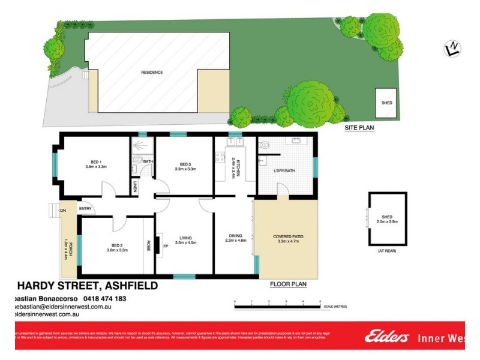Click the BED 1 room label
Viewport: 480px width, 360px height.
pyautogui.click(x=96, y=162)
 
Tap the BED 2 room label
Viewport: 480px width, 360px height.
pyautogui.click(x=117, y=245)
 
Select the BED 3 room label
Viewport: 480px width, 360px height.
pyautogui.click(x=185, y=164)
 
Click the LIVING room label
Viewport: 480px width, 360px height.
pyautogui.click(x=185, y=238)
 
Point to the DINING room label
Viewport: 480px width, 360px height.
pyautogui.click(x=235, y=236)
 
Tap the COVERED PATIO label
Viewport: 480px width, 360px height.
pyautogui.click(x=288, y=236)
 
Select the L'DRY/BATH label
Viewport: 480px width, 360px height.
pyautogui.click(x=284, y=172)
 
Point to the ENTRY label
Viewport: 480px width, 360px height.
pyautogui.click(x=85, y=209)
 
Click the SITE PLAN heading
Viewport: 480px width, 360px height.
pyautogui.click(x=359, y=128)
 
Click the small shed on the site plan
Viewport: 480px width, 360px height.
pyautogui.click(x=387, y=102)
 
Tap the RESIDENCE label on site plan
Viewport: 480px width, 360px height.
pyautogui.click(x=152, y=72)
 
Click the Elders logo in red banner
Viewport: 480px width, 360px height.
pyautogui.click(x=386, y=337)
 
